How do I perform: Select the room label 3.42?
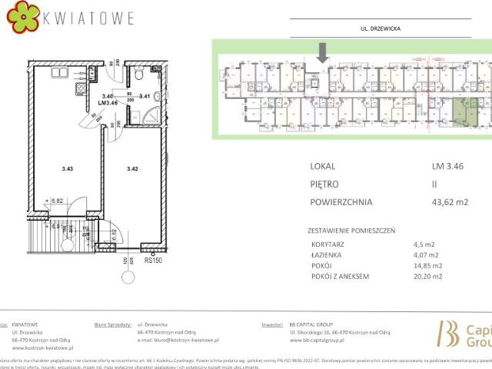coord(131,167)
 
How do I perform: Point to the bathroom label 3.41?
coord(144,96)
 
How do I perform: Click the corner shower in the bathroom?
coord(157,116)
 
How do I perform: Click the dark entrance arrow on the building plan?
coord(323,52)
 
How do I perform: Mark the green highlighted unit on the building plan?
coord(459,111)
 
